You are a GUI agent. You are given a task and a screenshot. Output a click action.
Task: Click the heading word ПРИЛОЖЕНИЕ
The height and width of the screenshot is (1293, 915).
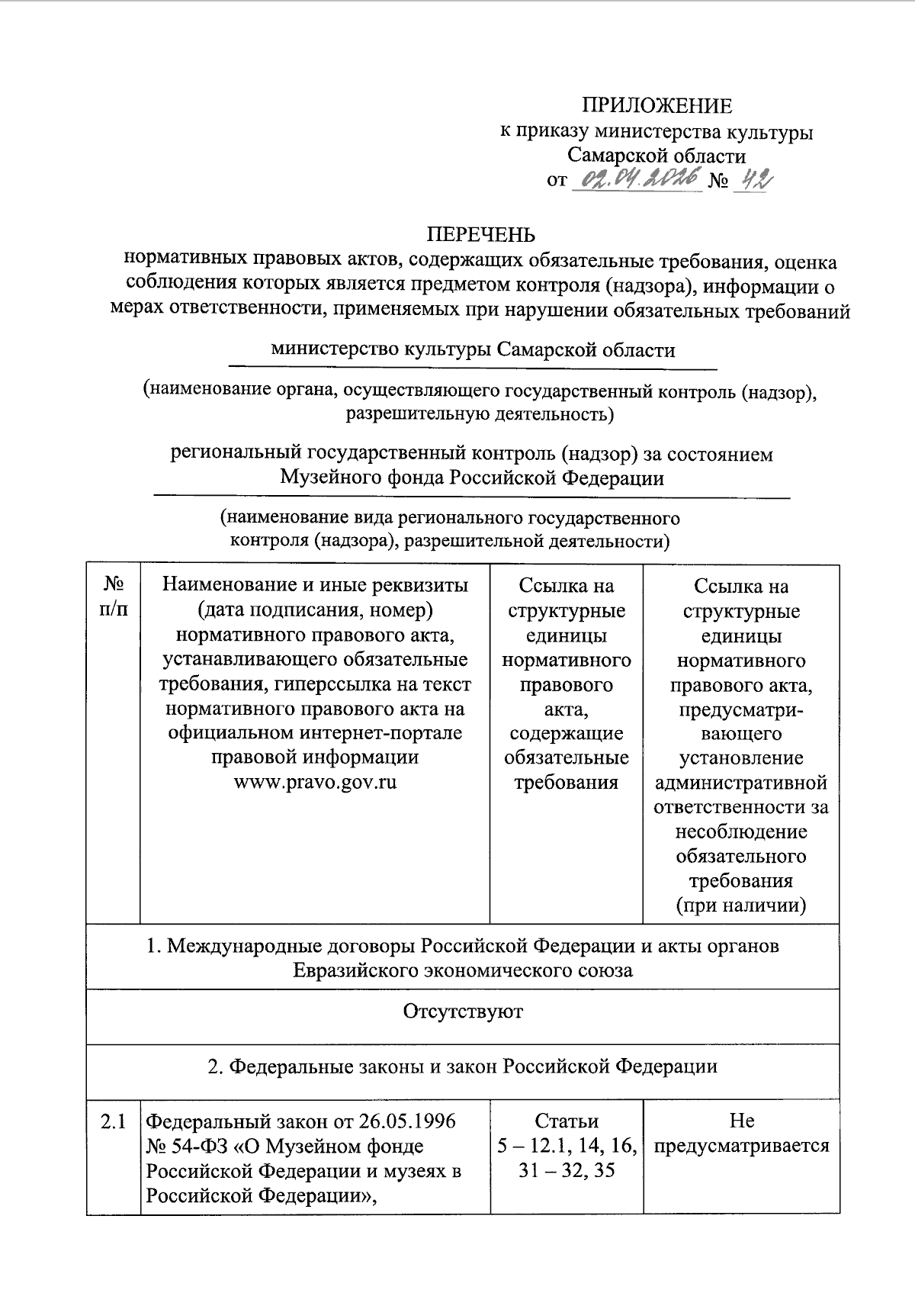(x=657, y=105)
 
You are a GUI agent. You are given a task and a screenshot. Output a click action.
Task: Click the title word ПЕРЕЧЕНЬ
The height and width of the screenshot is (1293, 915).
(x=480, y=234)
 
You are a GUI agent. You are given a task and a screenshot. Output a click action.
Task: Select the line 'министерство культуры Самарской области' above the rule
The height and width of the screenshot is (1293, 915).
(x=473, y=350)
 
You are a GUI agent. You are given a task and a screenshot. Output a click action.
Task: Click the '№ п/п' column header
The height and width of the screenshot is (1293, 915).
(x=114, y=598)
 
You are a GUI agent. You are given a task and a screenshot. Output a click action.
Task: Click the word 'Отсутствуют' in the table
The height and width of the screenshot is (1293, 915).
(x=463, y=1012)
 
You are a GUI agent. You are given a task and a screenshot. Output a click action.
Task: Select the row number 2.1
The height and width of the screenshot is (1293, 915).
(x=113, y=1121)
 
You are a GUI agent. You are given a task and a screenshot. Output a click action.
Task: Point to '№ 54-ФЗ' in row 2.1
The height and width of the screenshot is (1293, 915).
(x=182, y=1146)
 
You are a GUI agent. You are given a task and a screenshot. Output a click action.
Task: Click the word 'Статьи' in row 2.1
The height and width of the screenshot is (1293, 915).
(x=566, y=1121)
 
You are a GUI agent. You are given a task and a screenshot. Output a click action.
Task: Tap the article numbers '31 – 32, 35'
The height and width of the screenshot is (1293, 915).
(x=566, y=1170)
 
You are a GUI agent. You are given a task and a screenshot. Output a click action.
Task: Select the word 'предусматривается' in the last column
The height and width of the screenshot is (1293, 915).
(x=741, y=1146)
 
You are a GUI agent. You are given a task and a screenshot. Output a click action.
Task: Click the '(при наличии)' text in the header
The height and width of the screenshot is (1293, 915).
(x=741, y=905)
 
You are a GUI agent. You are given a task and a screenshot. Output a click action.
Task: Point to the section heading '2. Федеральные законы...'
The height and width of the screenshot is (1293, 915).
(x=463, y=1066)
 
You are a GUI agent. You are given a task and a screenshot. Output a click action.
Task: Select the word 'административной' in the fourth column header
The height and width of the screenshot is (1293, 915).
(x=741, y=783)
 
